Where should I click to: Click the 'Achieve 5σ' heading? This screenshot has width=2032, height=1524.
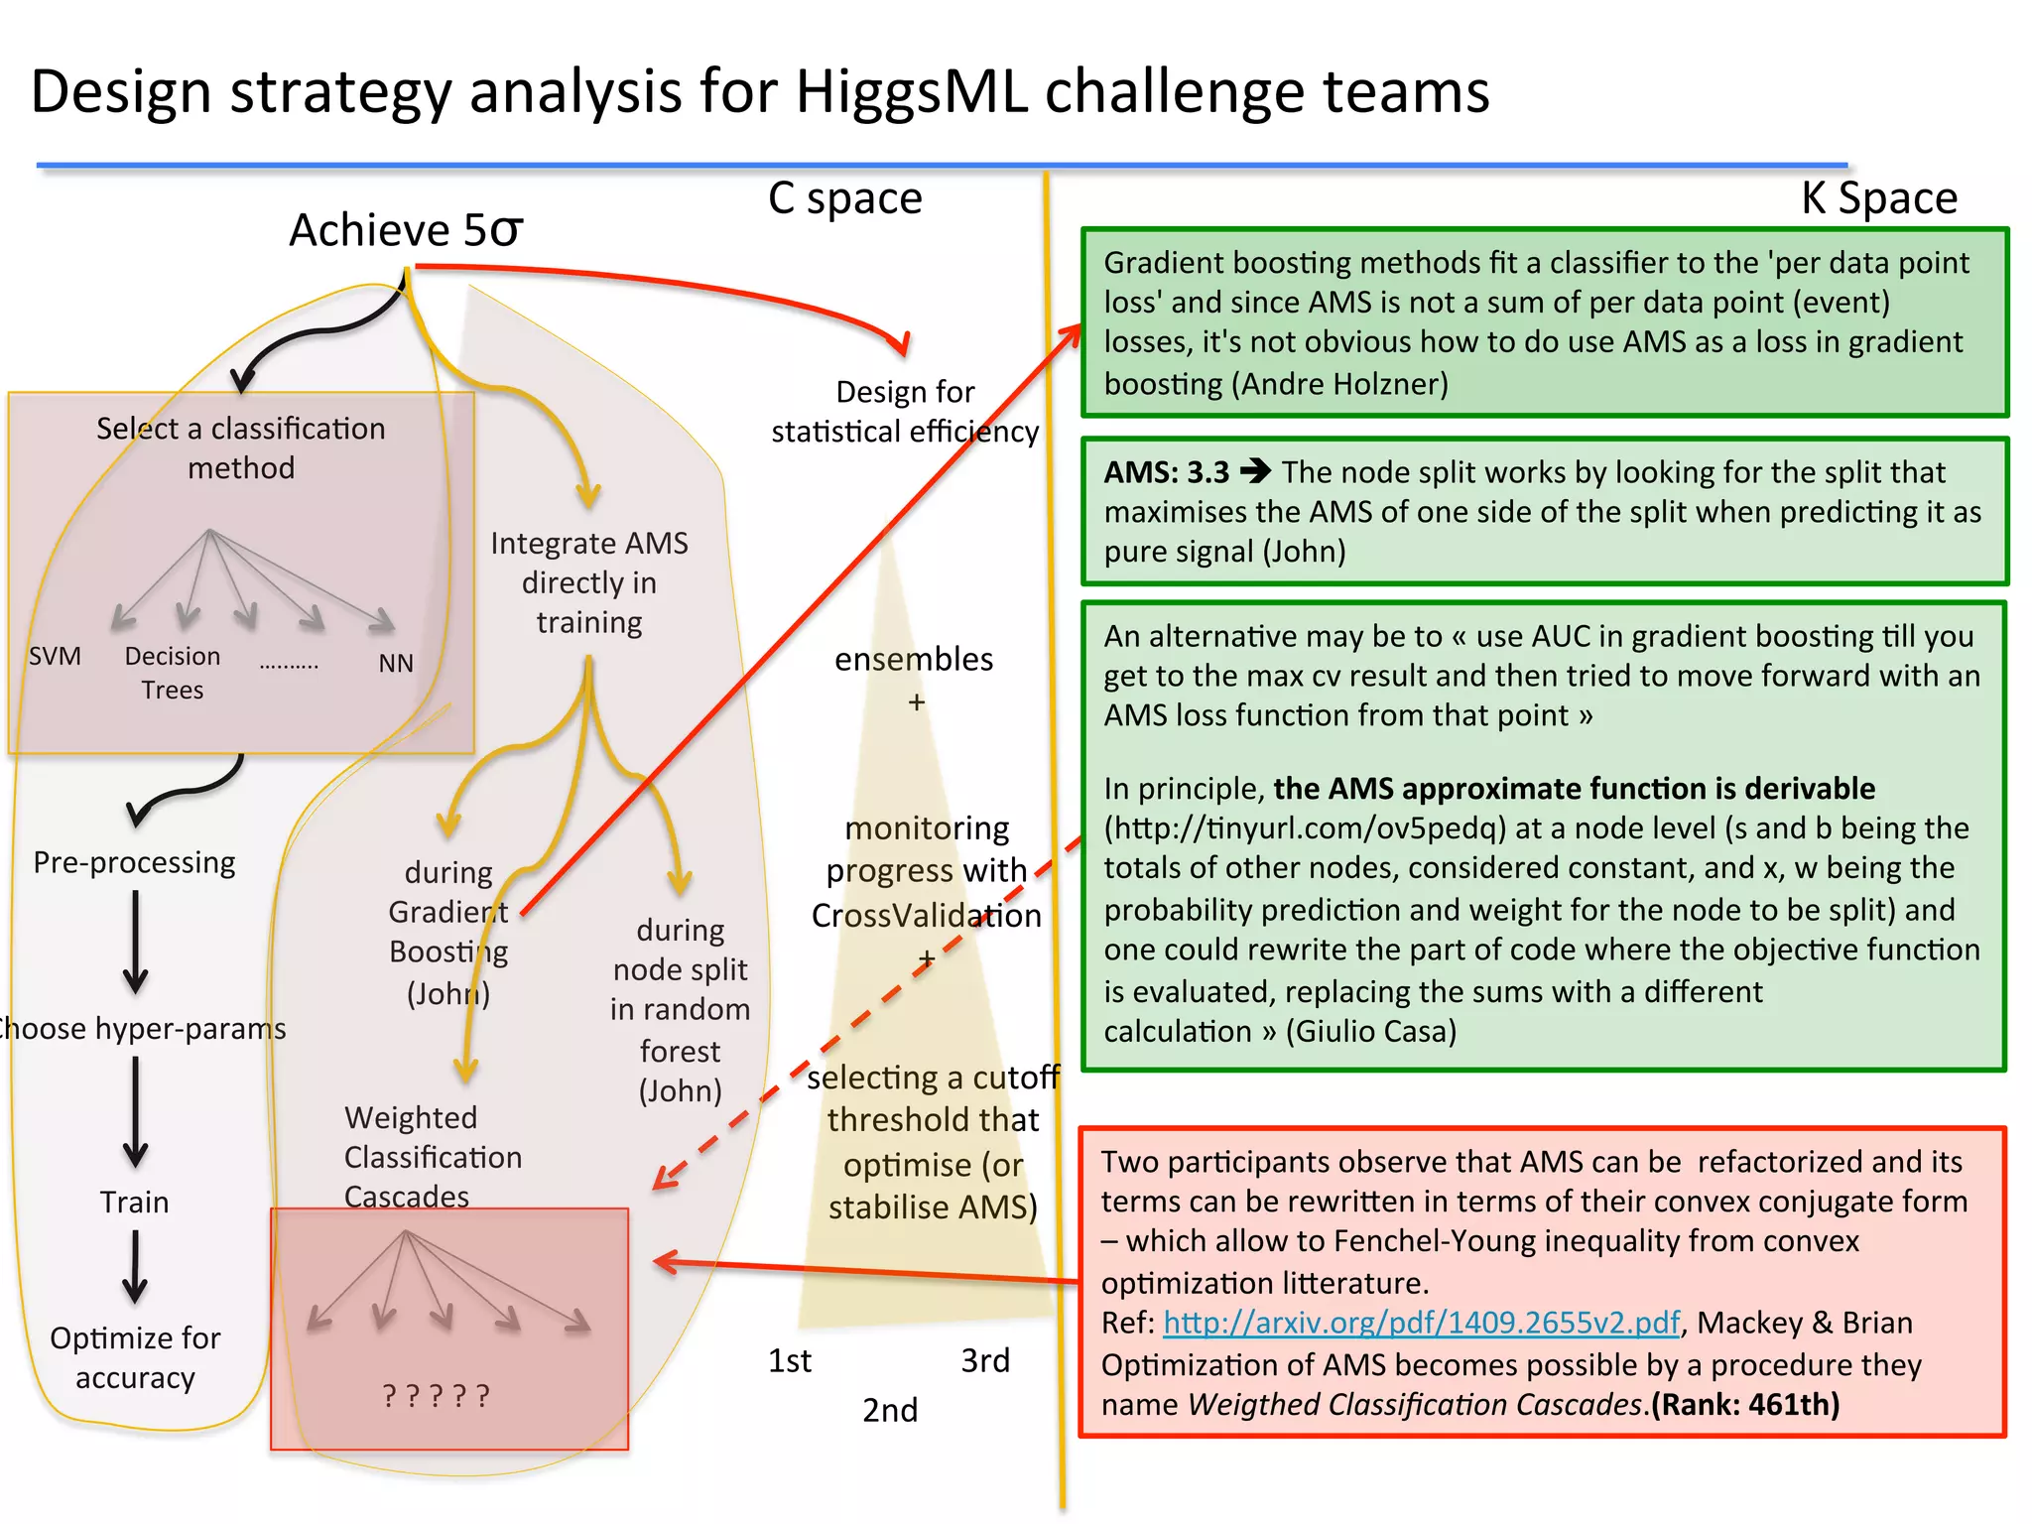click(x=406, y=230)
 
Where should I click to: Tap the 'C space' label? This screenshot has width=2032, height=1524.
click(x=844, y=198)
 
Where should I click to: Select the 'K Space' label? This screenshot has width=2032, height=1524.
click(x=1878, y=198)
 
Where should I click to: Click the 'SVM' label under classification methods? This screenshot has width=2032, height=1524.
click(x=55, y=657)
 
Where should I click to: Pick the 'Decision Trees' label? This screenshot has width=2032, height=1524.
click(x=173, y=673)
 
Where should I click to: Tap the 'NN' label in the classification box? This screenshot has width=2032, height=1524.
click(x=396, y=663)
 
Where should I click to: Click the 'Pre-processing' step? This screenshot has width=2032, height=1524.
click(x=134, y=862)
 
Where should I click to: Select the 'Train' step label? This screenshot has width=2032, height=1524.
click(x=134, y=1203)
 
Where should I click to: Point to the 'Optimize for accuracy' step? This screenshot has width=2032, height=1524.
click(x=135, y=1357)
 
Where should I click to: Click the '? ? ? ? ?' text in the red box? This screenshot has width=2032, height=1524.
click(x=437, y=1396)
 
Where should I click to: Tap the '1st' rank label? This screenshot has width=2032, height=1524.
click(x=790, y=1360)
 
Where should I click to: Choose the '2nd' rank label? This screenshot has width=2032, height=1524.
click(x=890, y=1410)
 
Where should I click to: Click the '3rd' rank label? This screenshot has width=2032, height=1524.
click(x=985, y=1360)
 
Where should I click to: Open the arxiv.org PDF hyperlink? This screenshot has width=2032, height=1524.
click(x=1421, y=1323)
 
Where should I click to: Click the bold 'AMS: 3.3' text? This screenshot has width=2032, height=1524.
click(x=1167, y=472)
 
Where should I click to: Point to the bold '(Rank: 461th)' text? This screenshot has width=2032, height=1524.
click(x=1745, y=1405)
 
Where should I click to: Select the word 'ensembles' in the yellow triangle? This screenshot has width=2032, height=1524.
click(x=914, y=659)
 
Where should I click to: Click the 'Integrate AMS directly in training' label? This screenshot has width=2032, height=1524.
click(x=589, y=582)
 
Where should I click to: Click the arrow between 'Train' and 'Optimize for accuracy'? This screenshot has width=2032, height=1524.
click(x=135, y=1266)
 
